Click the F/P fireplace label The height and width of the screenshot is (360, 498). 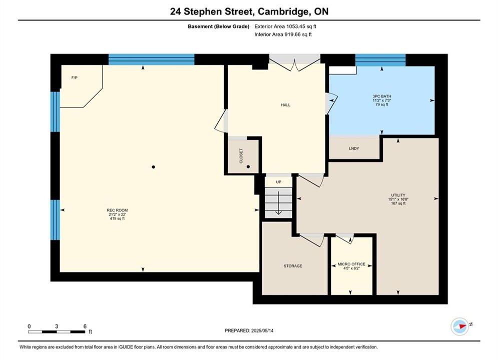click(74, 77)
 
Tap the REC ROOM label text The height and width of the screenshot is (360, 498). click(117, 210)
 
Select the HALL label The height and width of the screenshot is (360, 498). click(285, 105)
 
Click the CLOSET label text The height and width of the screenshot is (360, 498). click(241, 155)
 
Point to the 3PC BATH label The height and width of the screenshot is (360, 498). click(382, 96)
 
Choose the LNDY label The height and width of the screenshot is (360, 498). click(354, 148)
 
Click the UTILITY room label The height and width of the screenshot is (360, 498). click(398, 195)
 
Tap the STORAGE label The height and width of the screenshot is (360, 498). click(293, 266)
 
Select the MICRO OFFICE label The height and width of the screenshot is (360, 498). click(351, 264)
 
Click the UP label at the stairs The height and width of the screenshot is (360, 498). click(279, 182)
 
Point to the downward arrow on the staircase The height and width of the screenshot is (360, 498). click(279, 203)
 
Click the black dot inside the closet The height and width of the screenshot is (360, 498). click(248, 166)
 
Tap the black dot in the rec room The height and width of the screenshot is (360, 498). click(153, 167)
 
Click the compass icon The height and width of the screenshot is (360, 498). click(460, 326)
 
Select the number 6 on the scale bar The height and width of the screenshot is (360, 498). click(85, 326)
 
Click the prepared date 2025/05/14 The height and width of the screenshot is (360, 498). click(262, 330)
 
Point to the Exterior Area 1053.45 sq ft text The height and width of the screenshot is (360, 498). click(285, 26)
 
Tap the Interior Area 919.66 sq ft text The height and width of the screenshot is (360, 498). click(283, 34)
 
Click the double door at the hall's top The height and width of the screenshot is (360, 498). click(295, 63)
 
